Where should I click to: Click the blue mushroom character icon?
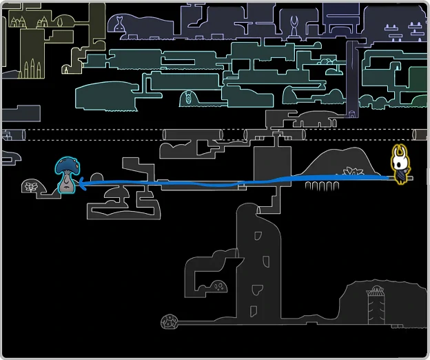click(x=66, y=176)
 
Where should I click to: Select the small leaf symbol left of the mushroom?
click(x=31, y=186)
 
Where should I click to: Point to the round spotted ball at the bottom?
click(x=170, y=321)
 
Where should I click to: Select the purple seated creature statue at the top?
click(x=121, y=25)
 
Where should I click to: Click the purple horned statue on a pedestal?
click(x=294, y=27)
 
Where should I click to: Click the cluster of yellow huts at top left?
click(x=28, y=21)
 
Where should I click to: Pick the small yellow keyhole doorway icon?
click(x=66, y=69)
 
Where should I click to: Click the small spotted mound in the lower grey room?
click(x=220, y=286)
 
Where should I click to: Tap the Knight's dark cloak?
click(x=400, y=176)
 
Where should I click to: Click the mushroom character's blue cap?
click(x=66, y=165)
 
